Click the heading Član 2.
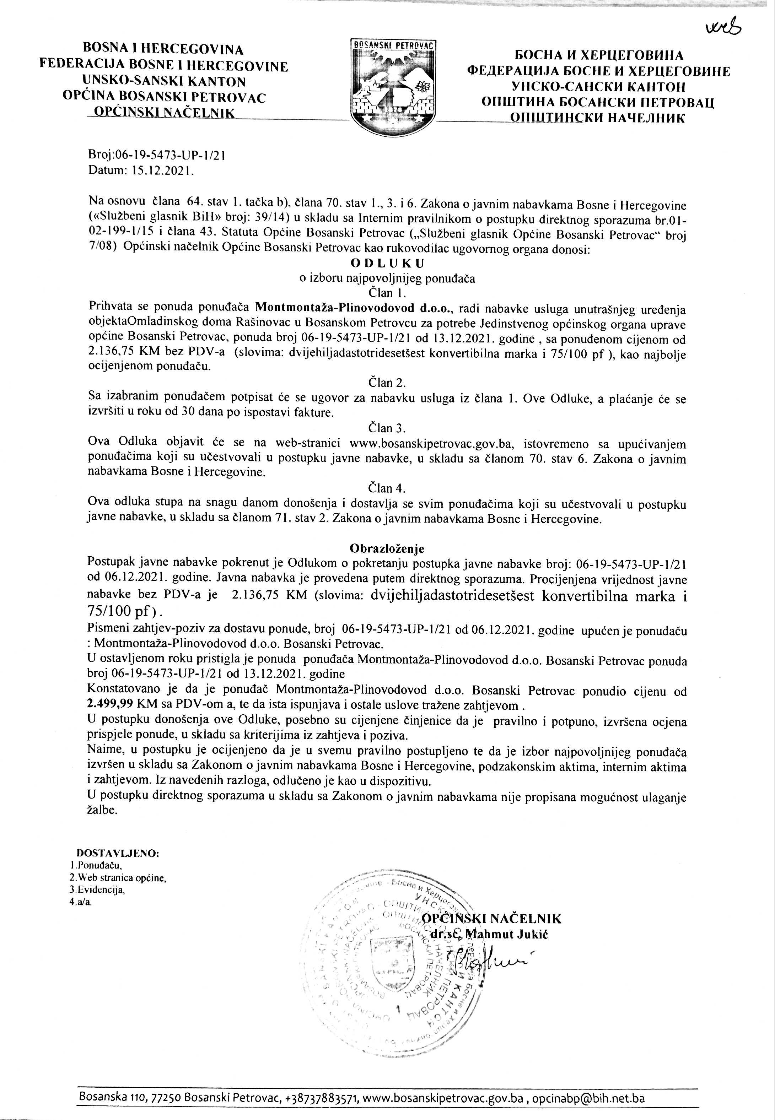[x=387, y=383]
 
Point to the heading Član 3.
[x=387, y=428]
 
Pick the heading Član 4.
[x=387, y=487]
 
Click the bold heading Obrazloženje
[x=387, y=548]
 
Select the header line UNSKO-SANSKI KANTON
[x=164, y=81]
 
